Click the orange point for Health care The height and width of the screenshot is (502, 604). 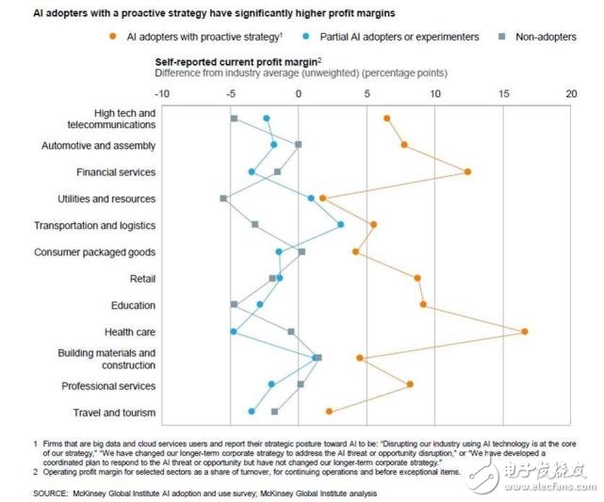(x=524, y=331)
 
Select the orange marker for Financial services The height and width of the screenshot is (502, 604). (x=467, y=171)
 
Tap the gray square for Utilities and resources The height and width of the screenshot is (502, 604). (x=223, y=199)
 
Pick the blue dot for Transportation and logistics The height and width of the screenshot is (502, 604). (x=341, y=224)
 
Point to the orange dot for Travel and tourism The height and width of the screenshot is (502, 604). (x=329, y=412)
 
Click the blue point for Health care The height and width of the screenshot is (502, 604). (x=234, y=332)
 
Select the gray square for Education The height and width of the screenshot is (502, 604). (x=234, y=304)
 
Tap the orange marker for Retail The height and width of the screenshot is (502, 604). (x=417, y=278)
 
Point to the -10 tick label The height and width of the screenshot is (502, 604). (x=161, y=94)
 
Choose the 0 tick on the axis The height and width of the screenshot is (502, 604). (x=299, y=94)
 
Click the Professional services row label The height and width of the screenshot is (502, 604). (x=108, y=386)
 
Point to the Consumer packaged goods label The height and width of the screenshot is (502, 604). (x=94, y=252)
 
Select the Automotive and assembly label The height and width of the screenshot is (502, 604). (x=99, y=146)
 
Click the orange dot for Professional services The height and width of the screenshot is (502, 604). (x=410, y=384)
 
